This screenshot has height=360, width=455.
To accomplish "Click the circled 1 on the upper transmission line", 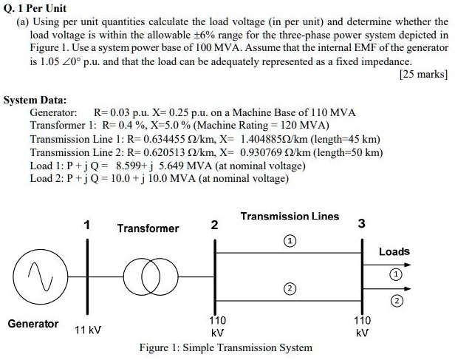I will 291,241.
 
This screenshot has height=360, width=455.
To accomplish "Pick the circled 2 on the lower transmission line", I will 291,288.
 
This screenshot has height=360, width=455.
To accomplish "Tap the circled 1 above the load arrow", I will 397,274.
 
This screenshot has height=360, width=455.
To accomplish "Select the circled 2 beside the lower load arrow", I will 397,301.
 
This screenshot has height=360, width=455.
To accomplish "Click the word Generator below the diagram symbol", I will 33,324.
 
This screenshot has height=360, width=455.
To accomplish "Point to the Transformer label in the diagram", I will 148,228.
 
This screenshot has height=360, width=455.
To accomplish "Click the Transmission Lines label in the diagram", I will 290,216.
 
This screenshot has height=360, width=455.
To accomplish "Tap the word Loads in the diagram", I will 394,251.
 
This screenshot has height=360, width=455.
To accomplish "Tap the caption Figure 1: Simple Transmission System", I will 225,347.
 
